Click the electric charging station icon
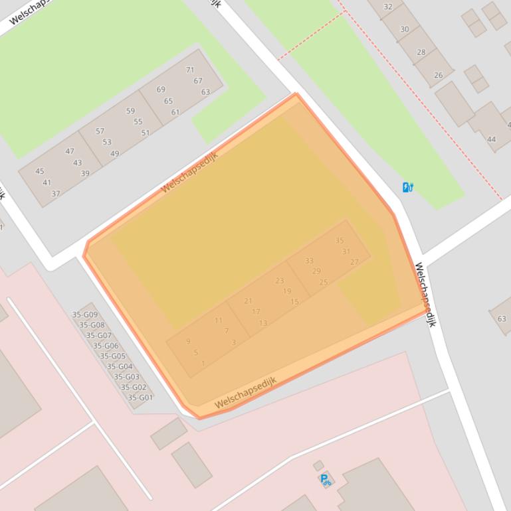pyautogui.click(x=408, y=187)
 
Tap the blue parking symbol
pyautogui.click(x=325, y=480)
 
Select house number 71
pyautogui.click(x=190, y=70)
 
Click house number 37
pyautogui.click(x=56, y=194)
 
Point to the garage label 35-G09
pyautogui.click(x=85, y=315)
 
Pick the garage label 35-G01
pyautogui.click(x=140, y=398)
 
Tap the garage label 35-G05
pyautogui.click(x=113, y=356)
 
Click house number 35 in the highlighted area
pyautogui.click(x=340, y=241)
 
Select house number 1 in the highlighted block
pyautogui.click(x=203, y=363)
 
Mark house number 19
pyautogui.click(x=287, y=291)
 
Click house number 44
pyautogui.click(x=491, y=139)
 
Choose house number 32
pyautogui.click(x=388, y=7)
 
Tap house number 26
pyautogui.click(x=438, y=75)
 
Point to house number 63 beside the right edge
pyautogui.click(x=502, y=319)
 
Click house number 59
pyautogui.click(x=130, y=111)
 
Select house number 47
pyautogui.click(x=70, y=151)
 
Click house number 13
pyautogui.click(x=263, y=323)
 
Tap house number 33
pyautogui.click(x=309, y=261)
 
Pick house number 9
pyautogui.click(x=188, y=341)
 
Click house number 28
pyautogui.click(x=421, y=52)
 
